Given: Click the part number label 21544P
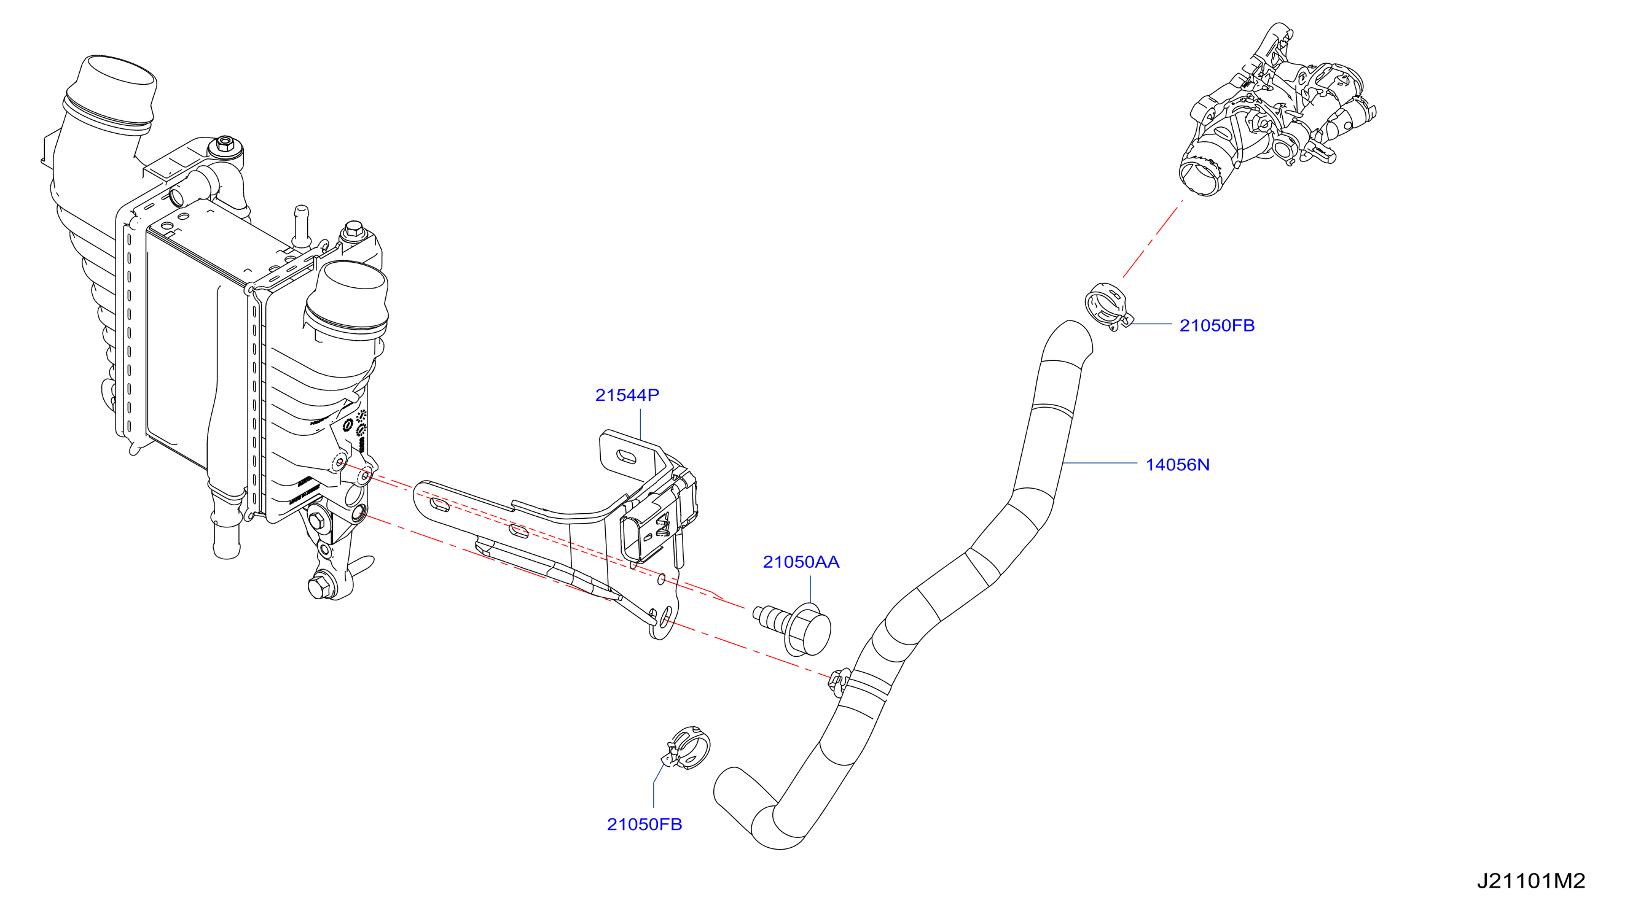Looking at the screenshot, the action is (627, 395).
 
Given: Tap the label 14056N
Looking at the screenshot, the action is (1177, 465).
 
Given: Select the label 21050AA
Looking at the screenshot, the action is (801, 562).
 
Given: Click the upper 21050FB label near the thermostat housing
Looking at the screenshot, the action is (1217, 325).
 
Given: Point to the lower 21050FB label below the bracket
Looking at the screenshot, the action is (644, 824).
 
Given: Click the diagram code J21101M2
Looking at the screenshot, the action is (1530, 882).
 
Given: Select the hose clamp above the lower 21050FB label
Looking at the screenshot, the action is (687, 748).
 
